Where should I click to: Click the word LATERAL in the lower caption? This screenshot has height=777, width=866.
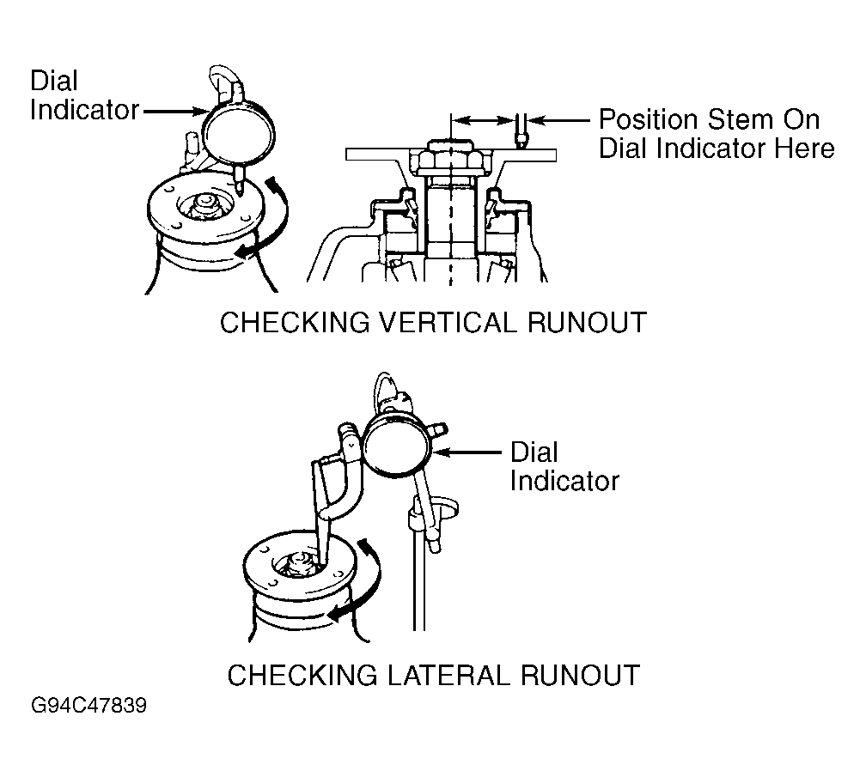tap(448, 675)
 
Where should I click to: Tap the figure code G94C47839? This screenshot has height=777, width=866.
tap(89, 705)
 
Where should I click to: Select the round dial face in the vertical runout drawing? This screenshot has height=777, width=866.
tap(238, 132)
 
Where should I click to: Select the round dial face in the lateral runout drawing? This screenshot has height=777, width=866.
tap(399, 445)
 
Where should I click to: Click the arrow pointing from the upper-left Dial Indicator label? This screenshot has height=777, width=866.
tap(174, 112)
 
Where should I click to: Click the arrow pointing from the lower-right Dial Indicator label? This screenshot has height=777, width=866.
tap(468, 452)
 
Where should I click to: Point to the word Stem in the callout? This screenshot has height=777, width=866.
tap(740, 119)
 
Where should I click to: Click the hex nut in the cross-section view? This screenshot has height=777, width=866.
tap(451, 160)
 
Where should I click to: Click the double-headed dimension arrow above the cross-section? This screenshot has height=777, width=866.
tap(484, 119)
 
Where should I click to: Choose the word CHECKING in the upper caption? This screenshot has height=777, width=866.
tap(295, 322)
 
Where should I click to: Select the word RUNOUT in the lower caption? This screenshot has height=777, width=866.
tap(581, 675)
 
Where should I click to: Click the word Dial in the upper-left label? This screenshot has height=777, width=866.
tap(53, 81)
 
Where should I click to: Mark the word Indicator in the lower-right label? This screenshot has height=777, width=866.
tap(564, 480)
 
